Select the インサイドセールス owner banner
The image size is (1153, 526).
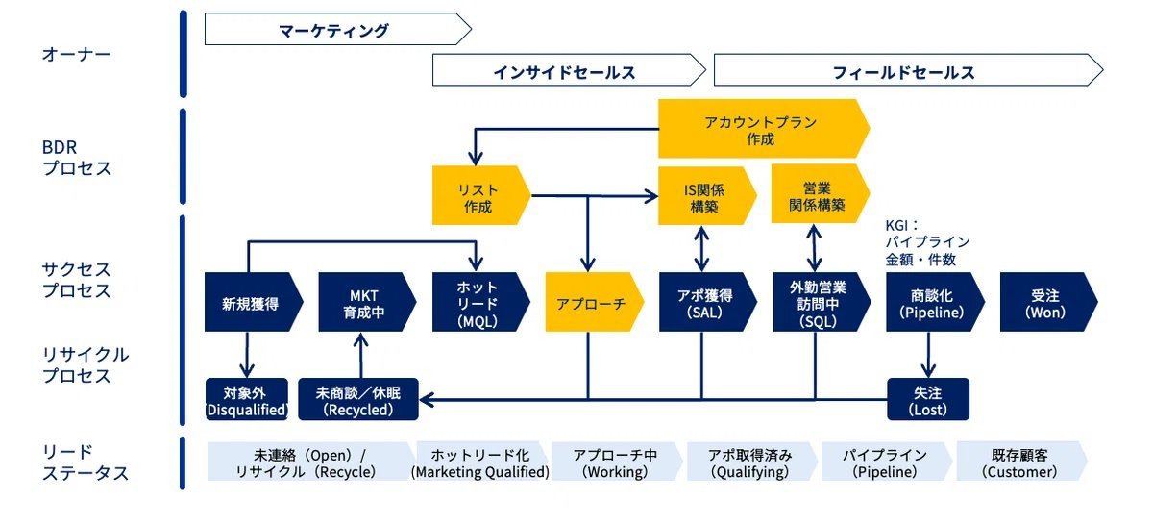(567, 71)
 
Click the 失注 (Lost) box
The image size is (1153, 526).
(927, 399)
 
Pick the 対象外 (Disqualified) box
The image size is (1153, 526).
(247, 399)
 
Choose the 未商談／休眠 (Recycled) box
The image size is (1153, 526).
(357, 399)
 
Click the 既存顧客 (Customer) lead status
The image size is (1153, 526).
(1020, 462)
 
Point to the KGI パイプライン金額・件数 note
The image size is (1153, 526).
(926, 241)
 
